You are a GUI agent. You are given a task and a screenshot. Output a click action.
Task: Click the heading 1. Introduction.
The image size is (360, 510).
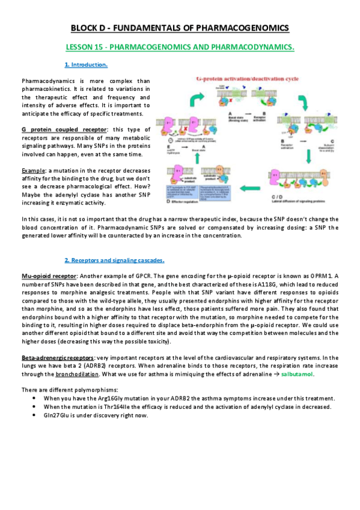(x=86, y=64)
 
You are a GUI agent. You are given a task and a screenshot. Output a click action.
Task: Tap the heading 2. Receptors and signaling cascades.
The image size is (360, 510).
(x=114, y=260)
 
